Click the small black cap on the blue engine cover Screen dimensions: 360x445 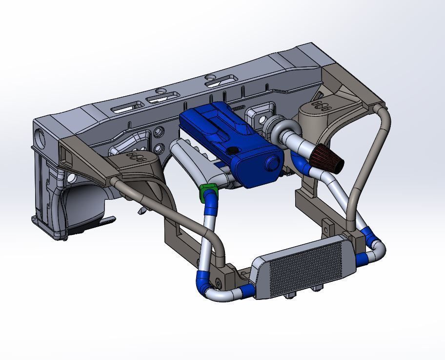click(x=233, y=150)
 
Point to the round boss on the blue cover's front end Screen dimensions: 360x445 click(x=271, y=164)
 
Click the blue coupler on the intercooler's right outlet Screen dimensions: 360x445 click(x=362, y=258)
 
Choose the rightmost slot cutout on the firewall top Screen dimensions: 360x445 click(x=220, y=80)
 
